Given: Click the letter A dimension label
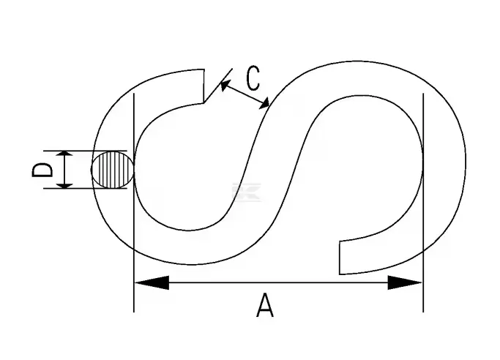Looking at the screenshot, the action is (x=265, y=306).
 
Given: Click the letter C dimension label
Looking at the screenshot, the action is (x=253, y=78).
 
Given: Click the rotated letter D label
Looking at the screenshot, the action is (x=42, y=170).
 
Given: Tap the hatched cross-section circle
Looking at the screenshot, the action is (x=113, y=170).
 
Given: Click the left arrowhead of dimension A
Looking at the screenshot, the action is (x=152, y=282).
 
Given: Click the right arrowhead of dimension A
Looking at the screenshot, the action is (x=405, y=282).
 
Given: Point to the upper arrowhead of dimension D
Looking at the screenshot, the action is (x=65, y=154).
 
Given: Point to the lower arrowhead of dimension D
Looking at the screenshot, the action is (x=65, y=185).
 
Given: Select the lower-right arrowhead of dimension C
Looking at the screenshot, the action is (x=264, y=104).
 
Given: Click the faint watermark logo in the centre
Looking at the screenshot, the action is (x=246, y=192).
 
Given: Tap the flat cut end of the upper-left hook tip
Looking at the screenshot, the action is (x=204, y=86).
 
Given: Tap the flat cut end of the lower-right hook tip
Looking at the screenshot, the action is (x=340, y=258).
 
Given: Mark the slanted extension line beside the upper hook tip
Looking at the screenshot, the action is (x=218, y=86).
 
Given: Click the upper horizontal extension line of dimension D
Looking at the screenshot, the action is (x=85, y=151).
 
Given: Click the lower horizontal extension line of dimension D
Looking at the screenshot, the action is (x=85, y=188).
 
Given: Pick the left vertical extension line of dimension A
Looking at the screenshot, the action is (x=134, y=203).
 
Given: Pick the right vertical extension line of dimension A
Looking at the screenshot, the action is (x=423, y=203).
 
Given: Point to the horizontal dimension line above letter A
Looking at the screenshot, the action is (x=278, y=282).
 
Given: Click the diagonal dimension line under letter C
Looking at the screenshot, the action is (x=245, y=94).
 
